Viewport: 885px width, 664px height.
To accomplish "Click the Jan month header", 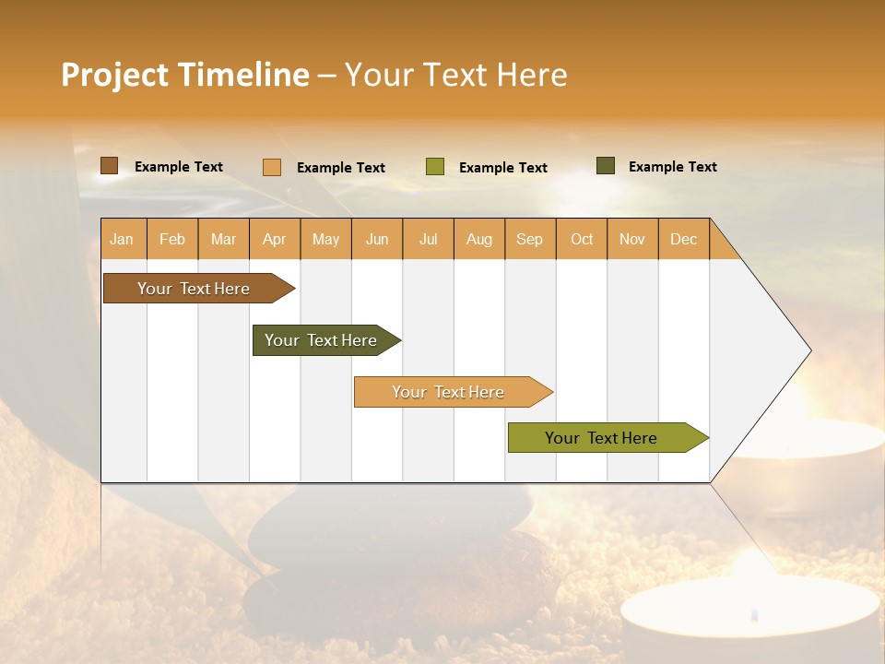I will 122,239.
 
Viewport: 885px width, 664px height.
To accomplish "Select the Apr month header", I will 274,239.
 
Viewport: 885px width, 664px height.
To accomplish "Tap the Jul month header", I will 428,239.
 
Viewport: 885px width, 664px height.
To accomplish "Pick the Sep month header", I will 529,239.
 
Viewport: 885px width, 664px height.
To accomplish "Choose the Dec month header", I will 683,239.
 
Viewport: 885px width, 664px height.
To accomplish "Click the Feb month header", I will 172,239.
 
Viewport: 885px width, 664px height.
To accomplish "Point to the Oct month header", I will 582,239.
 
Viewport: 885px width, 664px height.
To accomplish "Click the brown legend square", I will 110,166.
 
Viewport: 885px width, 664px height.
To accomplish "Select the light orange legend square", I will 272,167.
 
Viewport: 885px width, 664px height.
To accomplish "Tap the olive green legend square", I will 435,167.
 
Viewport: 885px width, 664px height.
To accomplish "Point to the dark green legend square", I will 606,166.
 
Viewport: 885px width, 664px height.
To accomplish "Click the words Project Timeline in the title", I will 185,75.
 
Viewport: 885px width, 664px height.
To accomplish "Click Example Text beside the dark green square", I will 672,167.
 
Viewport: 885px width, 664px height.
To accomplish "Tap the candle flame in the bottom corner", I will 754,614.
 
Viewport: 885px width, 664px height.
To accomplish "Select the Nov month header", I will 632,239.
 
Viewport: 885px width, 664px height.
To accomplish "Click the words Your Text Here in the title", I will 455,75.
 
